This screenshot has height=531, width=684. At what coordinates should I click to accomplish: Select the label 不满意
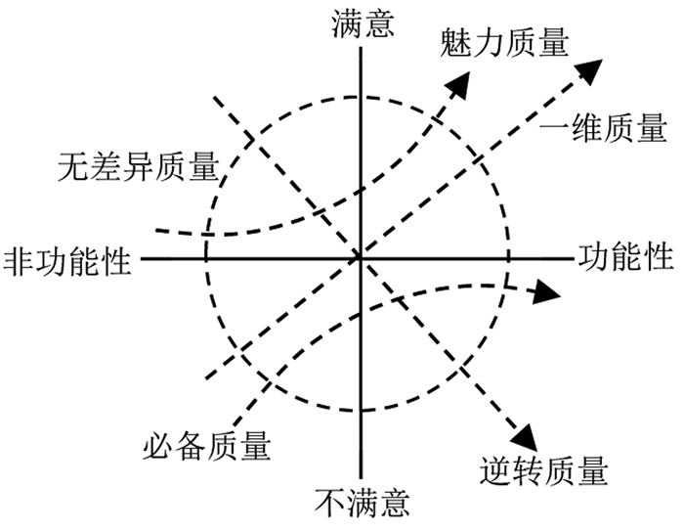tap(363, 504)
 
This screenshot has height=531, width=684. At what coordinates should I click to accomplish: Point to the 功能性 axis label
tap(625, 257)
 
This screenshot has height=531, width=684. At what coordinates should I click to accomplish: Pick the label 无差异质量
tap(137, 166)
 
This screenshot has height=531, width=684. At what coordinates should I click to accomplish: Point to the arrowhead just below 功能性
tap(548, 292)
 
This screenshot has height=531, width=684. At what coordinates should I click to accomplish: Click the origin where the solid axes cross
tap(360, 258)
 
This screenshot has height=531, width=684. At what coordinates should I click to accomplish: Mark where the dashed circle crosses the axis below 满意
tap(360, 97)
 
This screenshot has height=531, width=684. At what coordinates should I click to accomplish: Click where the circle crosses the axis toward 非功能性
tap(206, 258)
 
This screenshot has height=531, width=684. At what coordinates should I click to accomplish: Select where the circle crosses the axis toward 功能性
tap(509, 258)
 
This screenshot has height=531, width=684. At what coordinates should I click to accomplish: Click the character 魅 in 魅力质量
tap(454, 43)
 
